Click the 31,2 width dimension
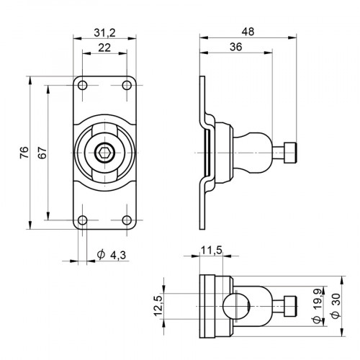(104, 32)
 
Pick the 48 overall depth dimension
(248, 32)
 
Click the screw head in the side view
(289, 153)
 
